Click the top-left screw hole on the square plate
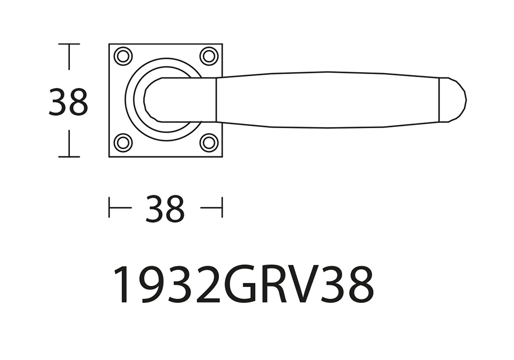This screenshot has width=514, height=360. [123, 57]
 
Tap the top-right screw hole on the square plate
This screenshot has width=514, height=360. [209, 57]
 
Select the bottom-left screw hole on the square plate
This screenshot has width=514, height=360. [123, 142]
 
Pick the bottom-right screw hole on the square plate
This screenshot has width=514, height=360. [209, 142]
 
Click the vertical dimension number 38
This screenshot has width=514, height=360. [68, 101]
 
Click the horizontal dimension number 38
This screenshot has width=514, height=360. [165, 208]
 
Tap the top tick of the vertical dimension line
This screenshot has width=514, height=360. [69, 44]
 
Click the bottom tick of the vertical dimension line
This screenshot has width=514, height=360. [69, 157]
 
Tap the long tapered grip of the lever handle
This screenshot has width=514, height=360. [327, 100]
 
